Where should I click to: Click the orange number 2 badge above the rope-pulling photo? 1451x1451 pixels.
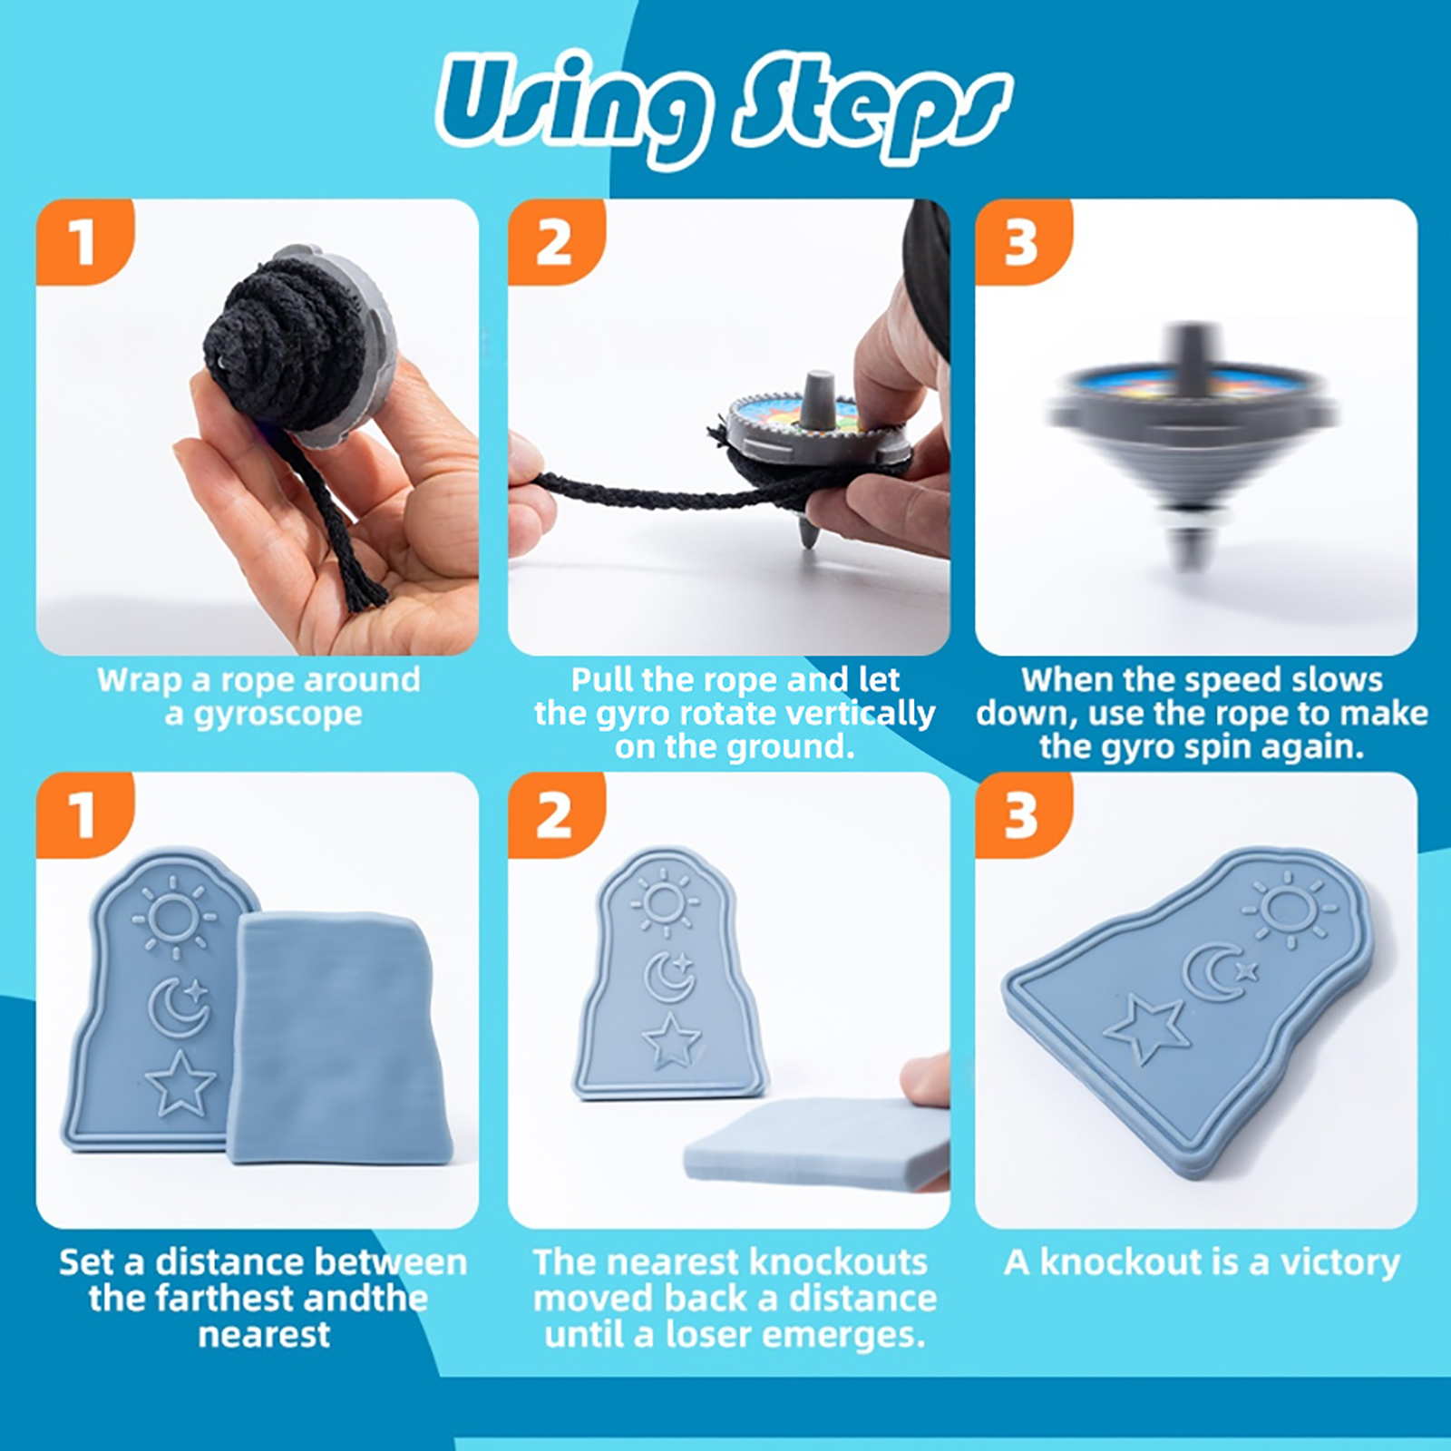click(555, 243)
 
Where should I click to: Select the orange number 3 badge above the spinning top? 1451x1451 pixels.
click(1022, 243)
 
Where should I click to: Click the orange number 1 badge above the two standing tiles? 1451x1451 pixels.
click(83, 814)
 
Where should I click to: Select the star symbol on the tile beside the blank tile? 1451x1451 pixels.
click(181, 1083)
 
